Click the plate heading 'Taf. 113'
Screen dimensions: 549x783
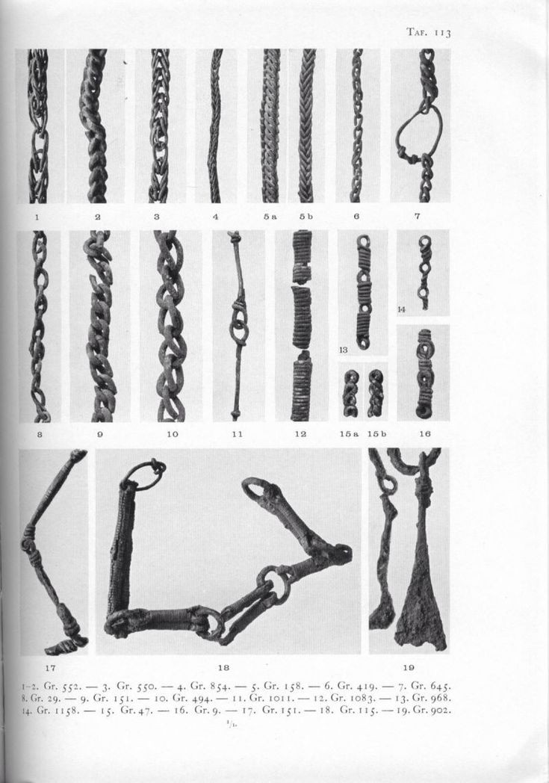coord(428,32)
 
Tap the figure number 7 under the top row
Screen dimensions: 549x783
coord(418,216)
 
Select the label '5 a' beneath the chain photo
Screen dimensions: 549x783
coord(270,216)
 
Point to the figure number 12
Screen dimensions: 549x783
coord(300,434)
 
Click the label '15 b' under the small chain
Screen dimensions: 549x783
coord(376,434)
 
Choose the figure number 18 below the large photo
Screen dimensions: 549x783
coord(223,667)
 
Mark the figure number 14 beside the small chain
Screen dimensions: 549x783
coord(402,309)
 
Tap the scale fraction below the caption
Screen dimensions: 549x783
coord(230,720)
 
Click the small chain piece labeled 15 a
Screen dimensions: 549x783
coord(350,394)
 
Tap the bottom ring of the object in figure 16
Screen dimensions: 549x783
coord(424,412)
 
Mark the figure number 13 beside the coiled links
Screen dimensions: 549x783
coord(344,350)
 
